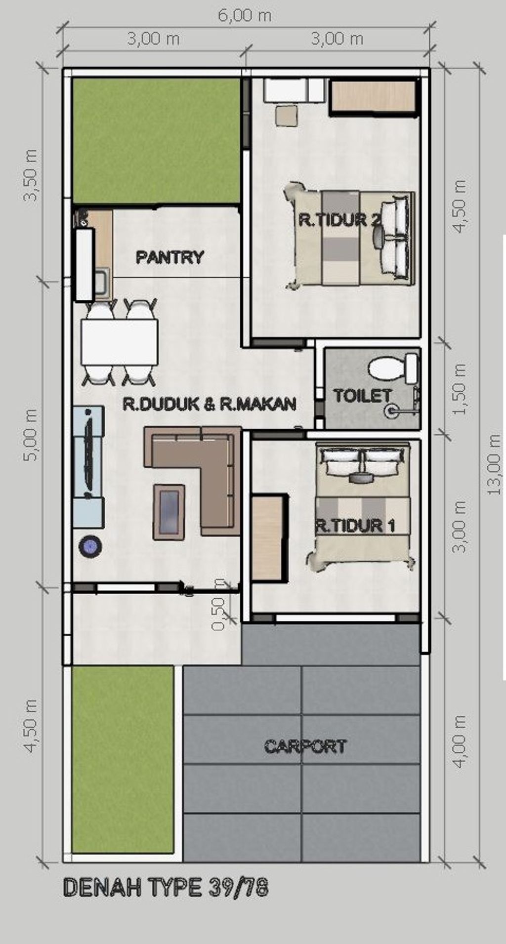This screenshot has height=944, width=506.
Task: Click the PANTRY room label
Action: pos(169,257)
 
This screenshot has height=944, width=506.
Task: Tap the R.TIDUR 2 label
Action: pos(340,219)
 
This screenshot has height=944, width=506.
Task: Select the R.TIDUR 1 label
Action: pos(355,526)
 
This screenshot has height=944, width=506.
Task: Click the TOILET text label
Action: pos(362,395)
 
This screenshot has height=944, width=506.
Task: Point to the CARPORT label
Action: pos(305,746)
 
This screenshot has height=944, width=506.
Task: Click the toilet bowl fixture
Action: pos(394,369)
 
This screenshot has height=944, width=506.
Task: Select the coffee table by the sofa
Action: pos(169,512)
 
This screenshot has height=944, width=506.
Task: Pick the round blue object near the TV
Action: pos(91,546)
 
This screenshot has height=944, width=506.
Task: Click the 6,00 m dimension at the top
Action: pos(245,16)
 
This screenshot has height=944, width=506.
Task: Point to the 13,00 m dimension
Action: pos(494,464)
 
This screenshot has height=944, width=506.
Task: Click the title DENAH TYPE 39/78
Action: pos(166,888)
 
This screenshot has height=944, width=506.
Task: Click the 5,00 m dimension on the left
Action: pos(31,435)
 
